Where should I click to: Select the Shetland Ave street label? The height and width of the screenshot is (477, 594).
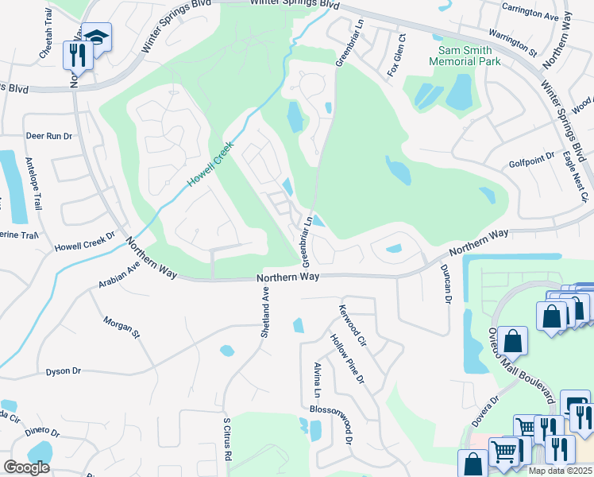click(266, 312)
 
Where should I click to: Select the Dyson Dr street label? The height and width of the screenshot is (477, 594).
click(64, 371)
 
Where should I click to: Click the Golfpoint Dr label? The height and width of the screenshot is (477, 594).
click(530, 162)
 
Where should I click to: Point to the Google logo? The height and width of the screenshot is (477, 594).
click(26, 467)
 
